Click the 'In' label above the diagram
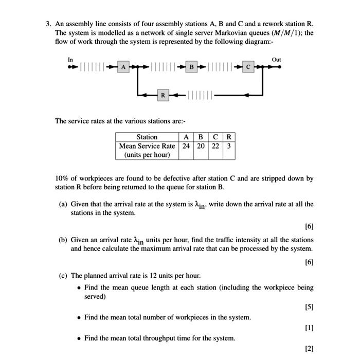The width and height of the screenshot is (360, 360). click(x=70, y=60)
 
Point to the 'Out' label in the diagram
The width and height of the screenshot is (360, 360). click(x=276, y=60)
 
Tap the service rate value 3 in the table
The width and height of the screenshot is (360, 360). click(x=229, y=146)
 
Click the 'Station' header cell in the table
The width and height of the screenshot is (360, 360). click(x=147, y=137)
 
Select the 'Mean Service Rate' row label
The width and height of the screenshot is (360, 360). click(x=147, y=146)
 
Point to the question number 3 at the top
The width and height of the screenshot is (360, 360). click(x=48, y=24)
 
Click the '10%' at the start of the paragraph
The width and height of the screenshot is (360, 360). click(x=63, y=178)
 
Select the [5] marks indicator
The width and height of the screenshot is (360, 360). click(x=309, y=307)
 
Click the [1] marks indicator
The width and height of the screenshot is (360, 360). click(x=309, y=328)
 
